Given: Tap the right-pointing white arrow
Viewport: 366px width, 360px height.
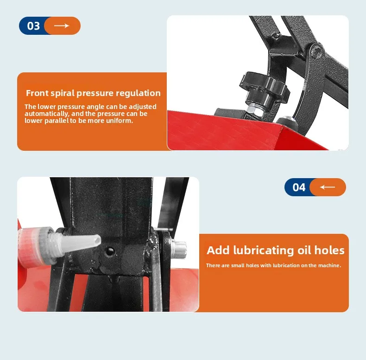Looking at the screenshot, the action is [x=62, y=26].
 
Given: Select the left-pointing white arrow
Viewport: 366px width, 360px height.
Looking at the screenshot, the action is [x=327, y=187].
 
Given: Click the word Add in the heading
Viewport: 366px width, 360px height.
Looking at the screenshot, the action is [x=218, y=250].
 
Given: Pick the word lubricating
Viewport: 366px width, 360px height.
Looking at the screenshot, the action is [x=264, y=251].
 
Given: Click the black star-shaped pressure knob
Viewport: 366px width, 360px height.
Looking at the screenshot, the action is [x=264, y=85].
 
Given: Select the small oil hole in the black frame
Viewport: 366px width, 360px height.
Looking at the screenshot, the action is [x=109, y=251].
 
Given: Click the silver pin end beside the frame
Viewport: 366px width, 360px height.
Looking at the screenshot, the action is [x=179, y=249].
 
